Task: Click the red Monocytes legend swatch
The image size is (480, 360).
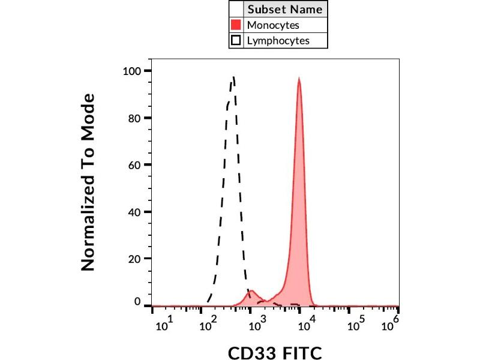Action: click(236, 25)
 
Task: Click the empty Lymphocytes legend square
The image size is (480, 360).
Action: click(236, 41)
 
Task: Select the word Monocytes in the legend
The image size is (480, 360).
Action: click(273, 25)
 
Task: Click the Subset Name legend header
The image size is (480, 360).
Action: click(285, 10)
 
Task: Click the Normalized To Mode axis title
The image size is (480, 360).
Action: click(89, 181)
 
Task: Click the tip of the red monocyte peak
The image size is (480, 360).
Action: click(299, 79)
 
